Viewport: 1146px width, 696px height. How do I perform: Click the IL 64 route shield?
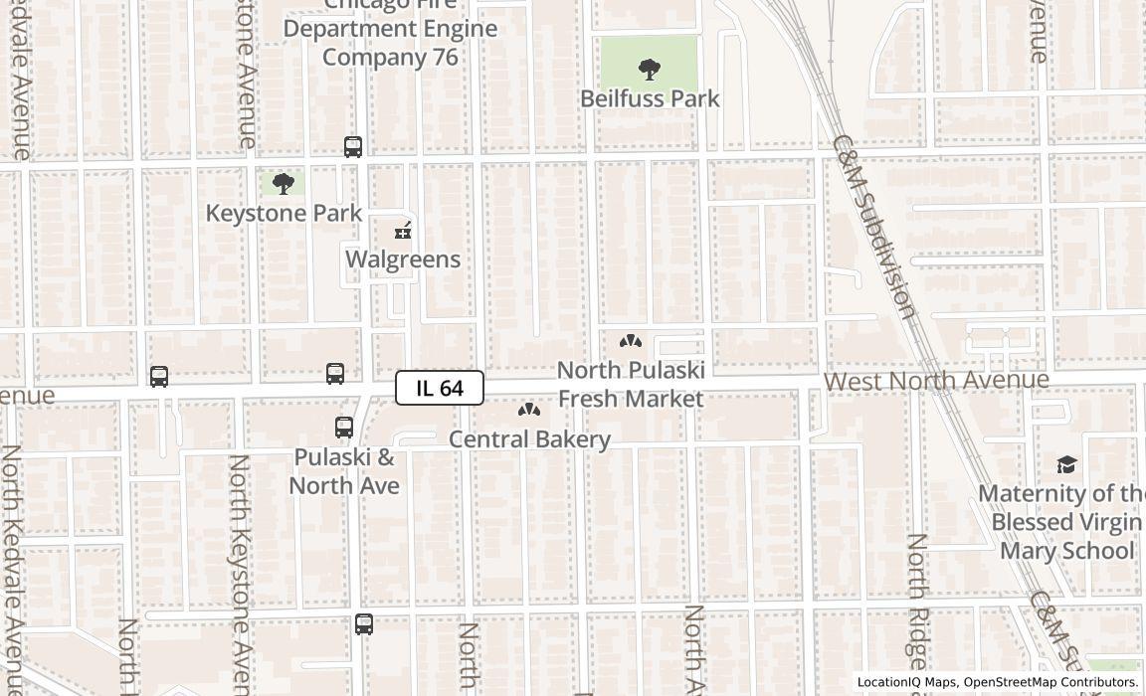[x=440, y=388]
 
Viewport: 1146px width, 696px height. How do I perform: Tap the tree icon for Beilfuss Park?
[x=650, y=70]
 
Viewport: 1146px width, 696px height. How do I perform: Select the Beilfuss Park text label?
[x=650, y=98]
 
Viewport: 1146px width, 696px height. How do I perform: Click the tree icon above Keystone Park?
[x=284, y=184]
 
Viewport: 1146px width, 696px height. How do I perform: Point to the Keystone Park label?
[x=284, y=213]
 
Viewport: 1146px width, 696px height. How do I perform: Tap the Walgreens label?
[x=403, y=260]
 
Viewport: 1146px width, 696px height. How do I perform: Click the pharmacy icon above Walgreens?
[x=403, y=232]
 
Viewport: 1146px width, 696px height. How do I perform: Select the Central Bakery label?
[x=529, y=439]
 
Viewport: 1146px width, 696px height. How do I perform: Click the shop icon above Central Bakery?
[x=529, y=410]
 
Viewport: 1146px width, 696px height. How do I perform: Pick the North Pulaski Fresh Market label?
[x=631, y=384]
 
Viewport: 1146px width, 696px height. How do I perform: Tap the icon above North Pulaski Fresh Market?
[x=631, y=342]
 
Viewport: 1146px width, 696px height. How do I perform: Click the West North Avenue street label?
[x=936, y=381]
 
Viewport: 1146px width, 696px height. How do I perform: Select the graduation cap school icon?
[x=1066, y=465]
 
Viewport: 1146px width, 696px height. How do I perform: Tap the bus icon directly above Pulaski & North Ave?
[x=344, y=428]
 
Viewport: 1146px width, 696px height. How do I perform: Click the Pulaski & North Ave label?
[x=344, y=471]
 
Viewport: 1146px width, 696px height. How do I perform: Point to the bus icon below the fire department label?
[x=353, y=147]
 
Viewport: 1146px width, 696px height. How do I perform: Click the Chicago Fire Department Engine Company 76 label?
[x=390, y=30]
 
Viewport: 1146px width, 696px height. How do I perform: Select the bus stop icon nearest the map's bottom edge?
[x=364, y=624]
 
